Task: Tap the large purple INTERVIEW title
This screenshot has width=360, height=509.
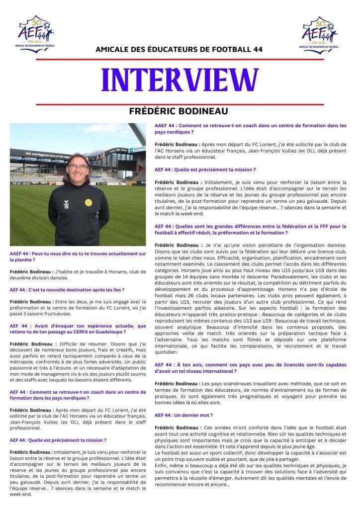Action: [x=180, y=80]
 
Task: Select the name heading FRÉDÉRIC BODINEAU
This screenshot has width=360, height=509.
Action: [x=180, y=111]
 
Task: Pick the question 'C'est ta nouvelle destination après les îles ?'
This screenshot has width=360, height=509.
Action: [x=67, y=289]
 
